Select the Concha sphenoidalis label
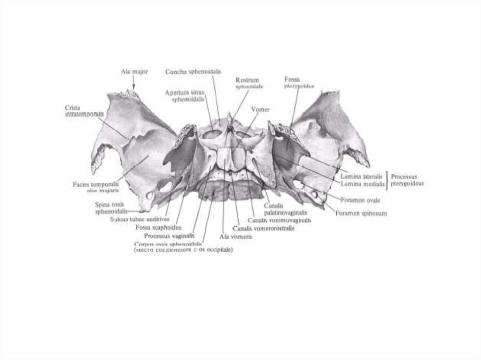point(193,72)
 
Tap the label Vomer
point(260,109)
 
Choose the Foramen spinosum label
point(361,213)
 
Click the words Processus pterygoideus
point(407,180)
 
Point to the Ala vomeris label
point(236,237)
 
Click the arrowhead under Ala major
point(134,86)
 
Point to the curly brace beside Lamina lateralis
point(387,180)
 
